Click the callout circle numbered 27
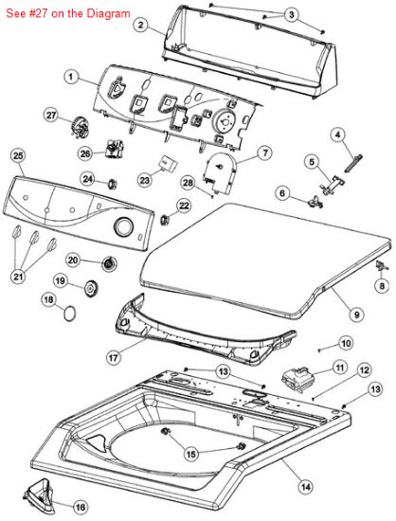click(x=51, y=116)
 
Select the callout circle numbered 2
click(x=141, y=25)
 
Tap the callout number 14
click(x=306, y=487)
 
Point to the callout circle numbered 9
click(x=357, y=314)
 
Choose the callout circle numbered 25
click(x=18, y=156)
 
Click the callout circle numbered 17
click(x=114, y=358)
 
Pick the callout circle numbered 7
click(x=264, y=153)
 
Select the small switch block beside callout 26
click(x=115, y=149)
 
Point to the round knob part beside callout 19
click(x=90, y=288)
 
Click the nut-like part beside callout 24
click(x=112, y=183)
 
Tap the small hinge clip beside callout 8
click(x=381, y=265)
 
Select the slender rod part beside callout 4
click(x=353, y=164)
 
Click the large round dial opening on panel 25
click(x=123, y=226)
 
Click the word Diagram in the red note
click(x=108, y=13)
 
